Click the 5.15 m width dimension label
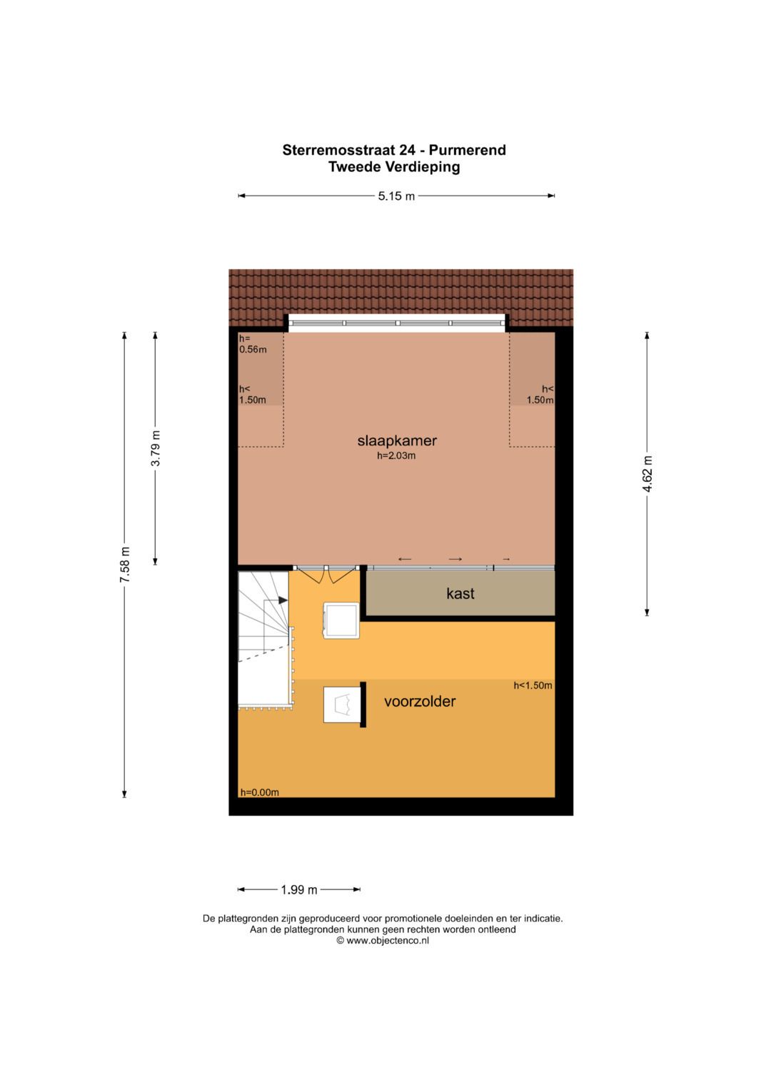tap(396, 196)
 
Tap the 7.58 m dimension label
tap(125, 565)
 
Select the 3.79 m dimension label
tap(156, 448)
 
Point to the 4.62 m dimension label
tap(647, 474)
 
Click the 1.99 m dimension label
tap(299, 890)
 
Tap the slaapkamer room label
tap(397, 441)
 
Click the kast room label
tap(460, 594)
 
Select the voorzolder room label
tap(420, 702)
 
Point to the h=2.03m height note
tap(396, 456)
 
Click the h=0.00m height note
tap(259, 792)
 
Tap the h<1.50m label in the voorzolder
tap(533, 686)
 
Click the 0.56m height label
tap(253, 349)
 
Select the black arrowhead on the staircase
tap(283, 600)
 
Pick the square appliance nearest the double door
tap(341, 620)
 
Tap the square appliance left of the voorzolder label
tap(342, 704)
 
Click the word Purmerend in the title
tap(467, 150)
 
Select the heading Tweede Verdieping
tap(394, 167)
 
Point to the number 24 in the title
tap(408, 150)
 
